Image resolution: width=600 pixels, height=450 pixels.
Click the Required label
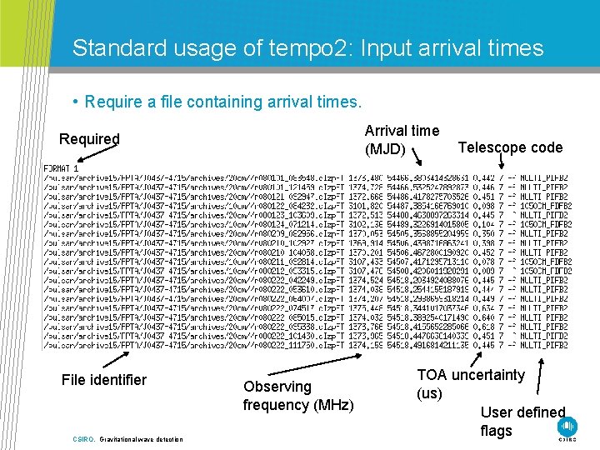[89, 138]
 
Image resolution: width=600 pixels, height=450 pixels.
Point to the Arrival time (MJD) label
[402, 140]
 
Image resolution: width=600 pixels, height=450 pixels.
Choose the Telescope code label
[511, 147]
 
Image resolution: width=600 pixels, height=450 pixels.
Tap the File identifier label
[103, 380]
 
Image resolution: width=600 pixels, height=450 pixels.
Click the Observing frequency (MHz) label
[297, 396]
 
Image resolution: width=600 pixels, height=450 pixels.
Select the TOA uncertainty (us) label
[470, 384]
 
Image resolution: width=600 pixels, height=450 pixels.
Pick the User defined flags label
[522, 421]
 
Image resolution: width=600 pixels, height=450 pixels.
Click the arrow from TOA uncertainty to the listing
[482, 359]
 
